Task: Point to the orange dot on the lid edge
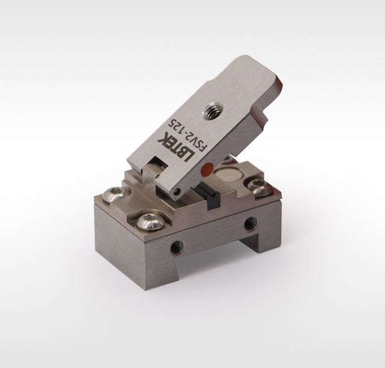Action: click(207, 168)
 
